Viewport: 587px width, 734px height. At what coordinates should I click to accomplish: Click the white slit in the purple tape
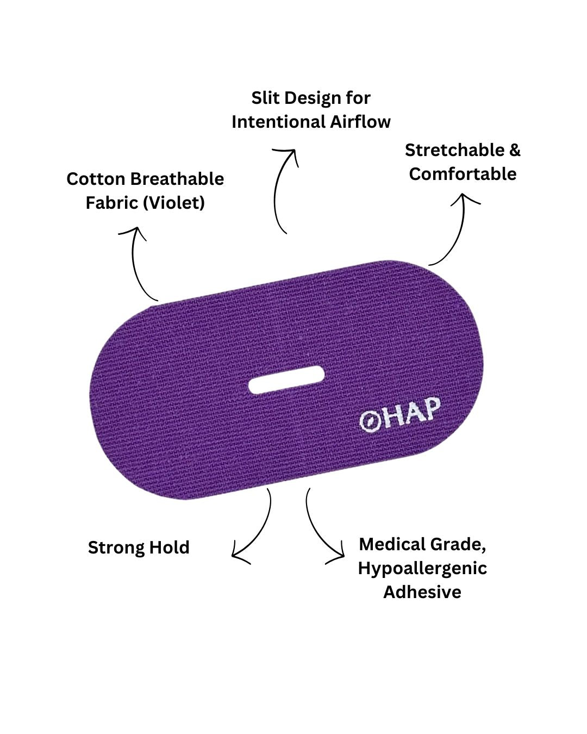286,380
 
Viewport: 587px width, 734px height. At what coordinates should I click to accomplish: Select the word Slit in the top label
265,98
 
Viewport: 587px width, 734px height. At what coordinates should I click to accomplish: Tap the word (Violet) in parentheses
174,203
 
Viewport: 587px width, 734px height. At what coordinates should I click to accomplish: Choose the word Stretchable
455,150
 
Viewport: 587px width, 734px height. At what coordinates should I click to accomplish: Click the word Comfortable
463,174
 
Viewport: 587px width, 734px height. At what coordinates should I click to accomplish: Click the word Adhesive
422,592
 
